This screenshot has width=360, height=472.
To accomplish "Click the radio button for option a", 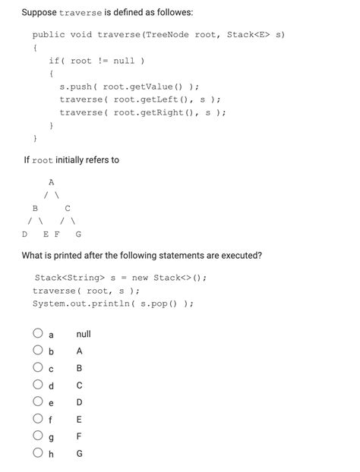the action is (37, 333).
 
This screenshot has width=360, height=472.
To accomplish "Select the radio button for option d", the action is (37, 385).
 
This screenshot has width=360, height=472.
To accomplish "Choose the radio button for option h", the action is (37, 453).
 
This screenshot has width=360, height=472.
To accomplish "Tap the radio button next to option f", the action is (37, 419).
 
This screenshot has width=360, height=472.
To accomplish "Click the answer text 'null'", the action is (84, 334).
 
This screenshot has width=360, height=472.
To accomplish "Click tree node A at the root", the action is (51, 182).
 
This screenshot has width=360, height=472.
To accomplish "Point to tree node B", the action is (35, 208).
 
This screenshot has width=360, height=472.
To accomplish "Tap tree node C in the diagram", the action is (68, 208).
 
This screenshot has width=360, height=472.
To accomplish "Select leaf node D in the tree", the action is (24, 234).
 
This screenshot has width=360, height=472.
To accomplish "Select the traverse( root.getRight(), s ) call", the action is (143, 112).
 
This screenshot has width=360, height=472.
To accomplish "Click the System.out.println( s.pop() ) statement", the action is (112, 303).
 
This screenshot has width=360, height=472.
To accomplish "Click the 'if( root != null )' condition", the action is (96, 61).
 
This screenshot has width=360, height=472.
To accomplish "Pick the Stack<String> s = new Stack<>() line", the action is (120, 278).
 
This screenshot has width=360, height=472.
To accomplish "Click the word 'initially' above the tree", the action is (74, 160).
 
